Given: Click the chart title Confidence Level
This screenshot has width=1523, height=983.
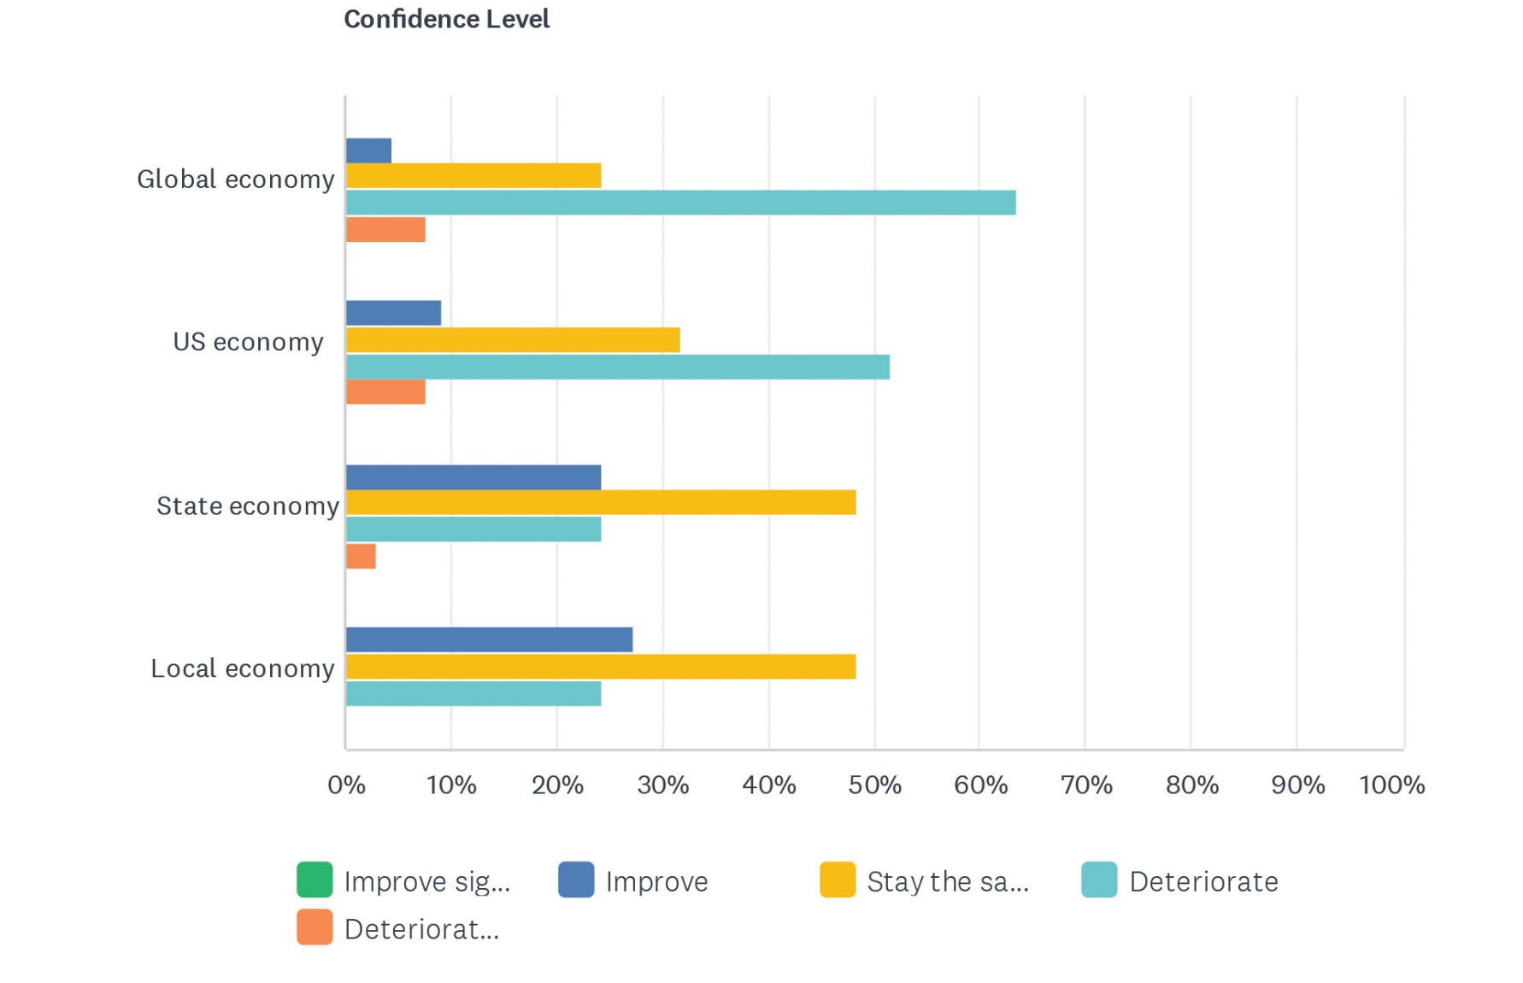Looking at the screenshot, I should [x=446, y=20].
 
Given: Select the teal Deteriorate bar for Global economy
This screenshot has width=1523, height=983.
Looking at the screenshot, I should [x=680, y=203].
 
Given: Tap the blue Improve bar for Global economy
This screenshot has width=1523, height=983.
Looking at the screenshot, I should [x=368, y=151].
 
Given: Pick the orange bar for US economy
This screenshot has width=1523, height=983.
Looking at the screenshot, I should [x=385, y=392].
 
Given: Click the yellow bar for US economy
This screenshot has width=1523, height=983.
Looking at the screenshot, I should [x=513, y=340].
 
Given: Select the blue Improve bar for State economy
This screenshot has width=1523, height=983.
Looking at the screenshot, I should [x=473, y=477].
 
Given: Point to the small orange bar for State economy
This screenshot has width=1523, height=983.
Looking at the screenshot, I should [x=361, y=556].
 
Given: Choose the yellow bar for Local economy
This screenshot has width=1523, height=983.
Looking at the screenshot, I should [x=601, y=667].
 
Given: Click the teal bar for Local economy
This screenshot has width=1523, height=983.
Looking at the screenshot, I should [x=473, y=694].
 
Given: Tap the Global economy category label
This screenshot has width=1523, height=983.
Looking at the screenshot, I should [x=236, y=180].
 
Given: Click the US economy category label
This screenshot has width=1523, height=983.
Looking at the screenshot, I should [x=248, y=342].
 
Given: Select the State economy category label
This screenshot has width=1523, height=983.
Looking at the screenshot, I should [x=248, y=506].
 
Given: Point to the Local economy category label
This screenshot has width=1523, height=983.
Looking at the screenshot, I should [x=243, y=668].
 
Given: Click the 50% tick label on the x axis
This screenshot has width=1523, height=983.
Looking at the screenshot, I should [x=874, y=786].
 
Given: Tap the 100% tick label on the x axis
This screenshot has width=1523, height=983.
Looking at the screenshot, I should [x=1391, y=786].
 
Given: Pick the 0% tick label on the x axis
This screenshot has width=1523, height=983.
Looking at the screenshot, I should [x=346, y=786].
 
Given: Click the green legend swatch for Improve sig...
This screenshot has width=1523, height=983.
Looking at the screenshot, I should [x=315, y=880].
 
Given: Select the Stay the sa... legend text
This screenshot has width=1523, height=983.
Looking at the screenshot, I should [x=948, y=881].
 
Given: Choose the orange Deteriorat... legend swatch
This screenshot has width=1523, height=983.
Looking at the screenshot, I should [x=315, y=928].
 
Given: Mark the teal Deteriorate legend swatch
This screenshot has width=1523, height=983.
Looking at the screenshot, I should [x=1099, y=880].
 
